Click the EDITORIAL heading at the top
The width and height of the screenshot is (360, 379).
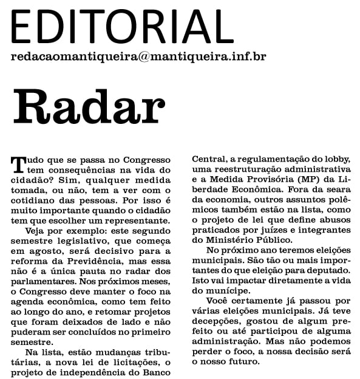[x=118, y=26]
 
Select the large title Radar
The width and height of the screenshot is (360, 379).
[x=88, y=108]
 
